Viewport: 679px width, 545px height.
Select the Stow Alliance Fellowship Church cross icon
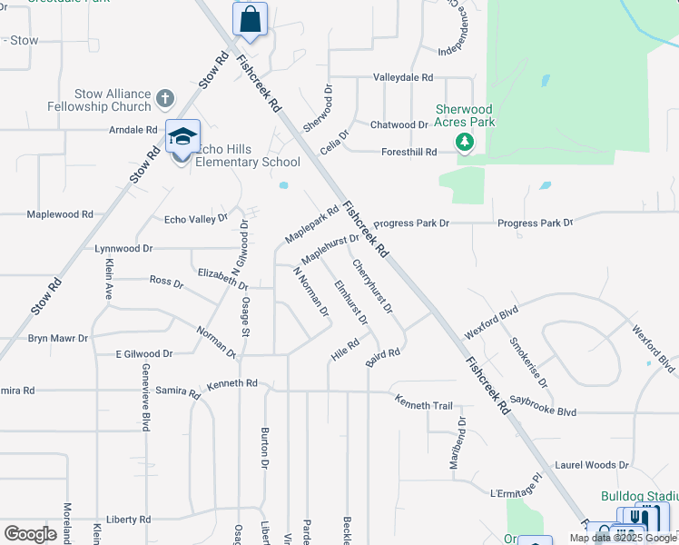[164, 97]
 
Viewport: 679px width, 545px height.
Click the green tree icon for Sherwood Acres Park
[465, 142]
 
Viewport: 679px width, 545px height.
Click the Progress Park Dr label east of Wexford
[535, 223]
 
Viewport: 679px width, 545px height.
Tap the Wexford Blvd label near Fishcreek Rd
[491, 322]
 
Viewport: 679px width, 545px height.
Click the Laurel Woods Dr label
[591, 464]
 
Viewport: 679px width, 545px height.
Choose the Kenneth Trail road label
[422, 401]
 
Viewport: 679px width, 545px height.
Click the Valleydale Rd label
[402, 78]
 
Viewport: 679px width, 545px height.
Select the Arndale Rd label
[133, 130]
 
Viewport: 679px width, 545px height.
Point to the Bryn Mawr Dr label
[58, 338]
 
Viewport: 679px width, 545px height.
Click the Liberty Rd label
[127, 520]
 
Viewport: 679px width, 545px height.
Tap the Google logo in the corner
[31, 533]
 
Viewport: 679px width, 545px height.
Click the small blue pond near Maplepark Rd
[284, 186]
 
